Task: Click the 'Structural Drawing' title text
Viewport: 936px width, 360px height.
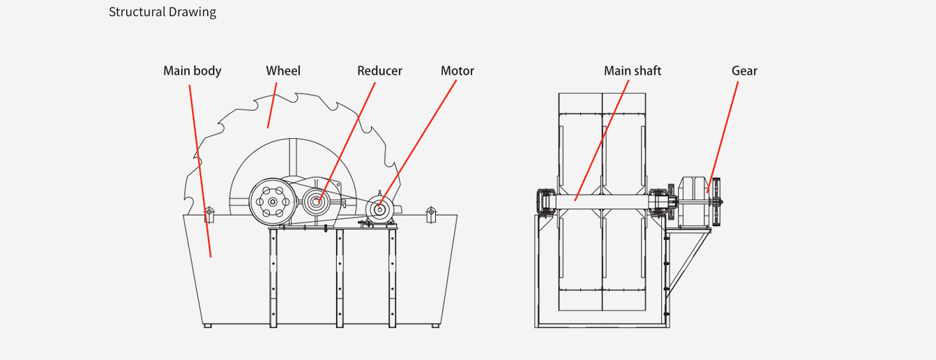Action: click(x=163, y=12)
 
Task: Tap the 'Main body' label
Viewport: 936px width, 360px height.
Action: click(x=192, y=70)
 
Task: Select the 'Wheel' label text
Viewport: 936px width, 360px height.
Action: click(x=283, y=70)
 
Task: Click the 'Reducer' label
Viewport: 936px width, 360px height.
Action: click(x=379, y=70)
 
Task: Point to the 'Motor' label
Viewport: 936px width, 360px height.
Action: click(x=457, y=70)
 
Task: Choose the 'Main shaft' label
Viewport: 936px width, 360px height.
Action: click(x=632, y=70)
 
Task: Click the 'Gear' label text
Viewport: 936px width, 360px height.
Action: click(x=744, y=70)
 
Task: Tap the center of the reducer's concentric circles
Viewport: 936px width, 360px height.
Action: click(x=317, y=202)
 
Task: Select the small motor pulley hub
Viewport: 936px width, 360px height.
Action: click(x=379, y=209)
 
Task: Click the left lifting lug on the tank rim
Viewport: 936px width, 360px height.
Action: click(x=207, y=213)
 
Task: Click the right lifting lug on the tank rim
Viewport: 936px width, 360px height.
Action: click(x=430, y=212)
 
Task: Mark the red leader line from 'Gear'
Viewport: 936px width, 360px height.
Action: click(x=723, y=133)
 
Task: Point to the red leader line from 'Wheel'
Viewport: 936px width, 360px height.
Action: click(x=272, y=105)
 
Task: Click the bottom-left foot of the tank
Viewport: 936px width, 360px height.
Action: click(x=206, y=325)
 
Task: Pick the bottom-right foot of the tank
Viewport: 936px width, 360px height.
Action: click(x=435, y=325)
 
